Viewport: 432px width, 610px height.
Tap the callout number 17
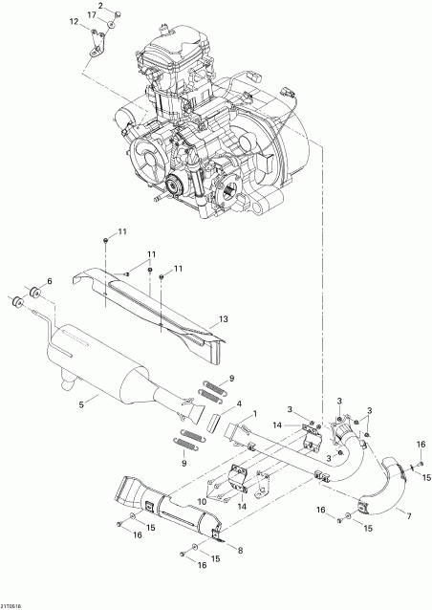coord(91,16)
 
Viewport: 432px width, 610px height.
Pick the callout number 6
coord(50,280)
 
